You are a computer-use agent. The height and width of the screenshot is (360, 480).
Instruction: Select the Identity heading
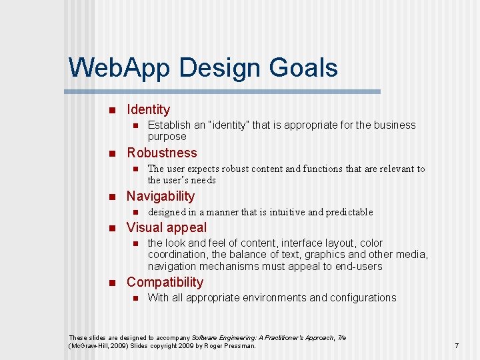(x=148, y=109)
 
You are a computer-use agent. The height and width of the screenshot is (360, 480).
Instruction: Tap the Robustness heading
(x=162, y=153)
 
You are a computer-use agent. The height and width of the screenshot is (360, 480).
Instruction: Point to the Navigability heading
(x=161, y=196)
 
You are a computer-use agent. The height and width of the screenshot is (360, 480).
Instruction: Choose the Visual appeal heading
(x=167, y=227)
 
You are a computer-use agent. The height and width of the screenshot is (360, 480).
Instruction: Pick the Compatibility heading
(x=165, y=282)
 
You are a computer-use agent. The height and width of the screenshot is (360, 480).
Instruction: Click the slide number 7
(x=457, y=345)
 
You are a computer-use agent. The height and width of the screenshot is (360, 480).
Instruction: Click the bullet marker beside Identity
(x=112, y=110)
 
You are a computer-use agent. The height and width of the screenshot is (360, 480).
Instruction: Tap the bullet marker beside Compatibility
(x=112, y=283)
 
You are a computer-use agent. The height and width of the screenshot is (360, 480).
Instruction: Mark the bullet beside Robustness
(x=112, y=153)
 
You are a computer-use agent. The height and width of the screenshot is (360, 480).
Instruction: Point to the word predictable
(x=350, y=212)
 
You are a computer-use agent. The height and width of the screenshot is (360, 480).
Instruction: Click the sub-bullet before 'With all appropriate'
(x=134, y=298)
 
